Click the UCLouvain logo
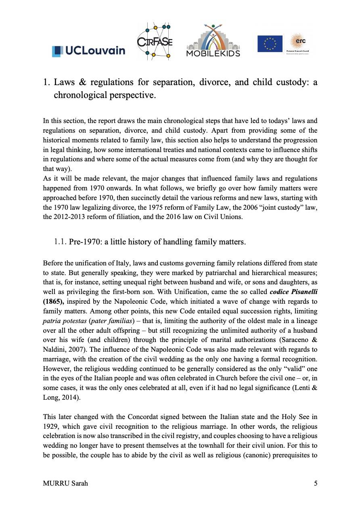click(88, 51)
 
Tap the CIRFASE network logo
click(155, 42)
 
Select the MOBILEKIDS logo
click(213, 41)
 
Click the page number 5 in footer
click(316, 484)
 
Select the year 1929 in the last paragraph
click(50, 426)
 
